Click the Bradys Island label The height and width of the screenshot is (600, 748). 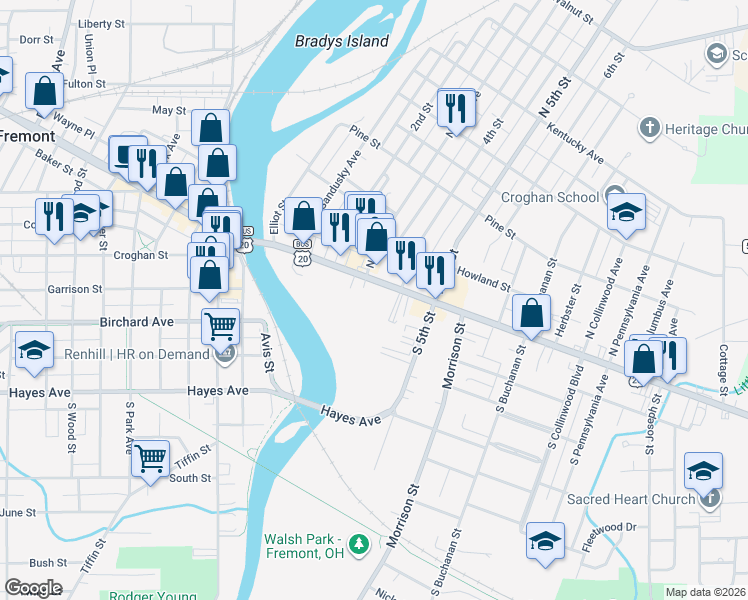pyautogui.click(x=342, y=41)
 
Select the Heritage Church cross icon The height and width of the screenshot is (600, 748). pyautogui.click(x=650, y=128)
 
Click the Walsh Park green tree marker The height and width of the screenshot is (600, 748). pyautogui.click(x=364, y=545)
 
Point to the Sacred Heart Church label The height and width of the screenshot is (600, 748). pyautogui.click(x=630, y=499)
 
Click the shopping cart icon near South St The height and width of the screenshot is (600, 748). pyautogui.click(x=150, y=459)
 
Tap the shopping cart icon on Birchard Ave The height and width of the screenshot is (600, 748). pyautogui.click(x=220, y=325)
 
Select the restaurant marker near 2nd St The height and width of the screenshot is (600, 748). pyautogui.click(x=456, y=107)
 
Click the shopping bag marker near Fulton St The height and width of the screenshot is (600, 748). pyautogui.click(x=45, y=91)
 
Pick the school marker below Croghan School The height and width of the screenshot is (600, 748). pyautogui.click(x=626, y=212)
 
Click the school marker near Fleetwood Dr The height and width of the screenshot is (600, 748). pyautogui.click(x=544, y=541)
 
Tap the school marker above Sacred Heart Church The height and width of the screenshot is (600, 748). pyautogui.click(x=703, y=470)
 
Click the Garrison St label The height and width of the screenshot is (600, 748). pyautogui.click(x=75, y=289)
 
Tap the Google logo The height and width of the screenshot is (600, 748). pyautogui.click(x=33, y=588)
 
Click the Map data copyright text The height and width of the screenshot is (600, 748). pyautogui.click(x=706, y=592)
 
